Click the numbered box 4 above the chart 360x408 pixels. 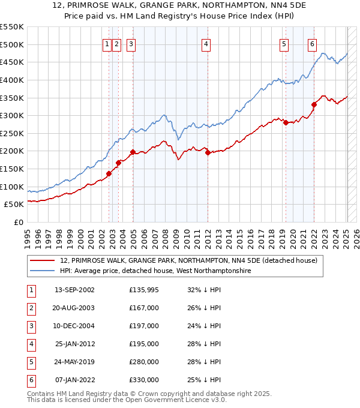[206, 43]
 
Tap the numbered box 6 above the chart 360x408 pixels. [313, 43]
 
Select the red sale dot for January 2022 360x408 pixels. [314, 104]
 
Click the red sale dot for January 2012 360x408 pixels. [208, 152]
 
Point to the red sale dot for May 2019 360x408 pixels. [286, 122]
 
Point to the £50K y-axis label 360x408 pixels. [14, 205]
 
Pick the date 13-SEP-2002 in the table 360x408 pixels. [75, 290]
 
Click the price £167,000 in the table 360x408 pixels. [144, 308]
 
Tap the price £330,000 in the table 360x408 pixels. [144, 380]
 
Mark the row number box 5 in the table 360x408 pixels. [31, 362]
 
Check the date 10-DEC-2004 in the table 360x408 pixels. [75, 326]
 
